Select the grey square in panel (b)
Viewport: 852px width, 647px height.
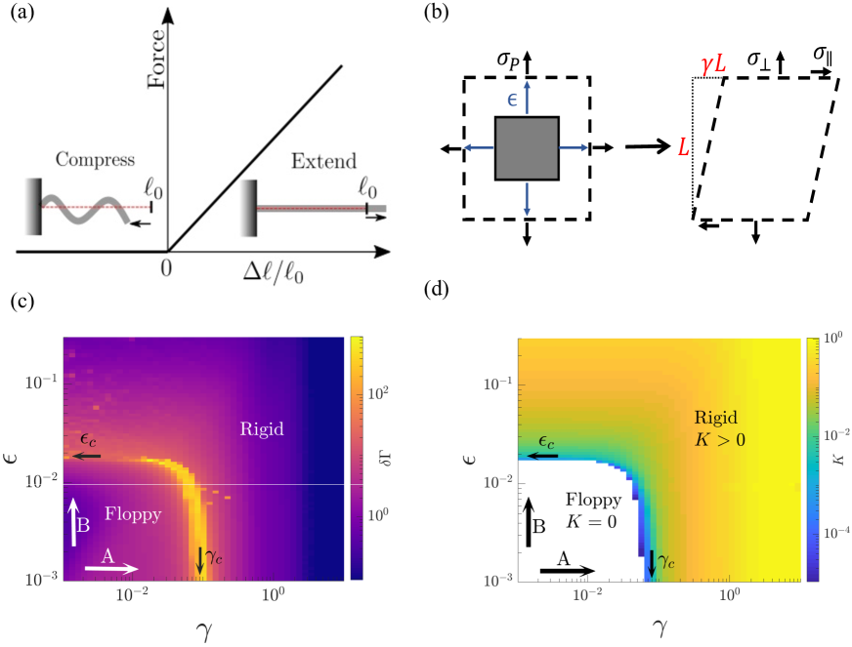tap(527, 148)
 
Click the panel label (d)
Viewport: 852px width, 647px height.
tap(439, 290)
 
